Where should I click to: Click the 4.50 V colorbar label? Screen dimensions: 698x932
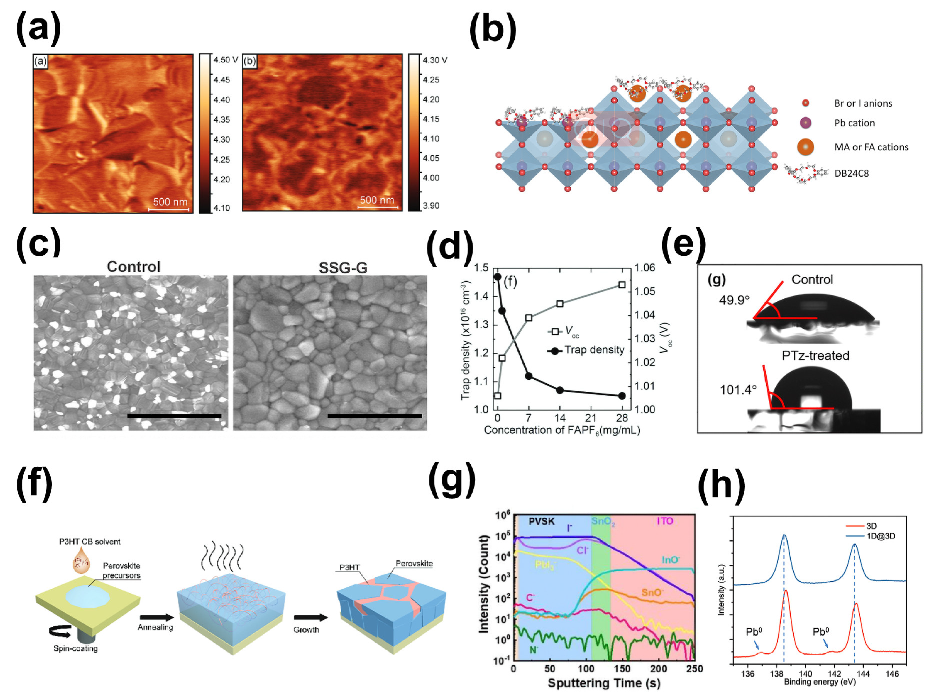225,60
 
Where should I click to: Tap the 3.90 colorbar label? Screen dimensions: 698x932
431,205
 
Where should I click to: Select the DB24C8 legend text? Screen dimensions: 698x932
851,173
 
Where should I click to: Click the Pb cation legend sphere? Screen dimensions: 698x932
805,123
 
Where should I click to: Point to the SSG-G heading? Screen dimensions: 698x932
343,268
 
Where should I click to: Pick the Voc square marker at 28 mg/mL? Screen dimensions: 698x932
621,285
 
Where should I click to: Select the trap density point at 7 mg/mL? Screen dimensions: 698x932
529,376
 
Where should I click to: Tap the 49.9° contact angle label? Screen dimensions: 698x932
734,300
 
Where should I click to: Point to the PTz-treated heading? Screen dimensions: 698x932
815,355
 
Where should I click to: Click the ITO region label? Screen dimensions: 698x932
664,521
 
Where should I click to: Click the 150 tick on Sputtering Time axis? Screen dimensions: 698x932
622,669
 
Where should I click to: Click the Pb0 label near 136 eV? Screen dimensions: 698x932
754,632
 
